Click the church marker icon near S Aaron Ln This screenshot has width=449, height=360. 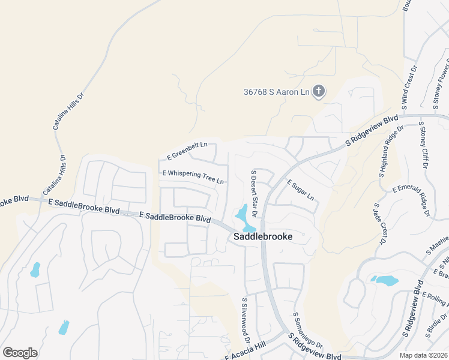319,92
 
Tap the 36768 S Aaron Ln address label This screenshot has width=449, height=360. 276,92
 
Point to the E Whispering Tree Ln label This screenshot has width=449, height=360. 193,177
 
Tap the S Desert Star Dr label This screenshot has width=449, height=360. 254,193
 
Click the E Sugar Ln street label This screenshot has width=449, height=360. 300,190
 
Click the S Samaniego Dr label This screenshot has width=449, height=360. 308,330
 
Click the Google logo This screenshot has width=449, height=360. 20,353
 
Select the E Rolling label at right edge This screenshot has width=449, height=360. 435,297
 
